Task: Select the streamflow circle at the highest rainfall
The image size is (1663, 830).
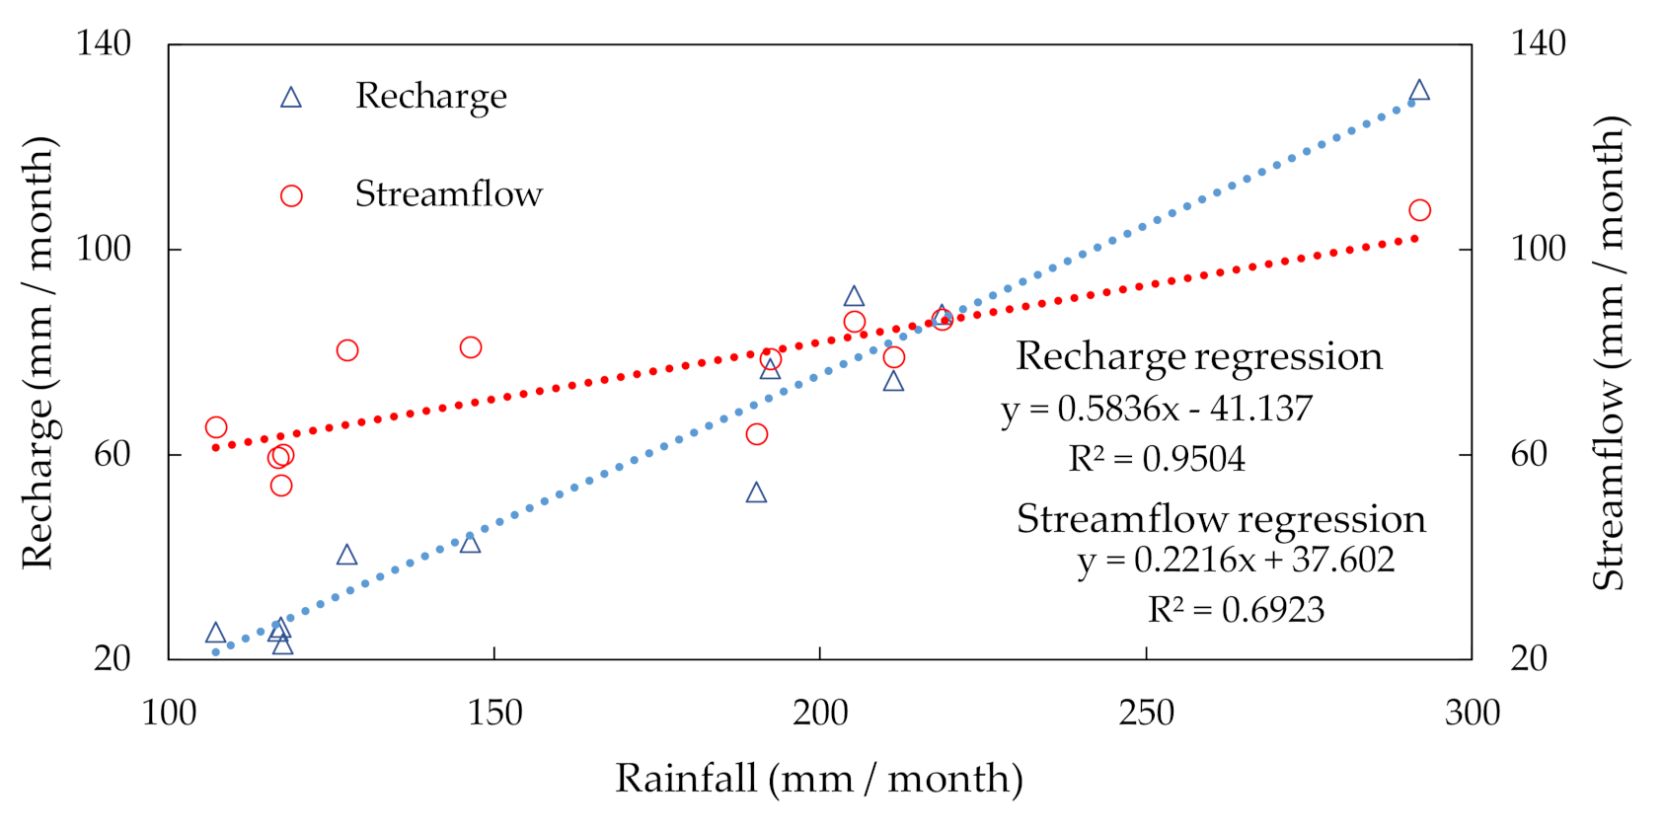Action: (1419, 210)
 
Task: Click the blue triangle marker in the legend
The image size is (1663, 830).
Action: (290, 98)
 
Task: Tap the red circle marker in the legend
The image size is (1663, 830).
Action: (290, 195)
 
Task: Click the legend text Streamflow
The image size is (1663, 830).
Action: (448, 194)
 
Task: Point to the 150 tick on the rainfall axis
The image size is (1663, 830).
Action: (494, 713)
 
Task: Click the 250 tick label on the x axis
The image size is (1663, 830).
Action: (1146, 713)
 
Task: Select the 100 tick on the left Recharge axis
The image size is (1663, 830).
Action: (104, 249)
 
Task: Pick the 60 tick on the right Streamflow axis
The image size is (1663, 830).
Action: (1529, 454)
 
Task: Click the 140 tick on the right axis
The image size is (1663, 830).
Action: (1538, 43)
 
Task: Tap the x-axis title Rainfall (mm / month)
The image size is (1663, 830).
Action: (819, 779)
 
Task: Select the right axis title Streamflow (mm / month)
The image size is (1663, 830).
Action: (1609, 352)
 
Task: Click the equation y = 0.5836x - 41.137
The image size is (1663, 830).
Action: (1157, 409)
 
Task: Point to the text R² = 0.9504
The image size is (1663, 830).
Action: (1157, 459)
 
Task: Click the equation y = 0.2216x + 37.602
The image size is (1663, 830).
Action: (1236, 560)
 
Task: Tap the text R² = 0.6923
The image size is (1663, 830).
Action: (1236, 610)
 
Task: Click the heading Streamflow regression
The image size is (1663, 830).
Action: (1221, 519)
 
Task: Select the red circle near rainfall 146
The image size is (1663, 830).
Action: (471, 347)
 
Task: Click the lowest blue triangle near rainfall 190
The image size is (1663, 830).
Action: (756, 493)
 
